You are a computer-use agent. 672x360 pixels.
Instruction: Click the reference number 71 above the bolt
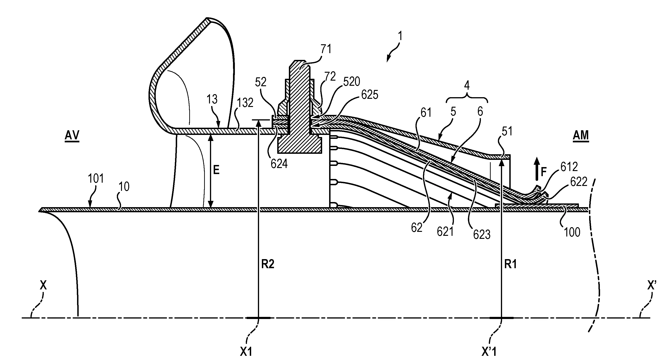[326, 49]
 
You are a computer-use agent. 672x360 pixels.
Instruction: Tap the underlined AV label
[72, 136]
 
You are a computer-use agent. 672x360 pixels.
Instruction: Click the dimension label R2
[268, 265]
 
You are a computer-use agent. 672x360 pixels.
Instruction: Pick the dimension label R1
[510, 265]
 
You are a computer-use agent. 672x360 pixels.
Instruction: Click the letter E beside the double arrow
[216, 170]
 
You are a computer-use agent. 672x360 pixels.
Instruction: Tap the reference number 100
[572, 232]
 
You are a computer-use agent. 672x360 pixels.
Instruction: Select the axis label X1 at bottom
[246, 352]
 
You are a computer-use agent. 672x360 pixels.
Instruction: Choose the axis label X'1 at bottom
[489, 352]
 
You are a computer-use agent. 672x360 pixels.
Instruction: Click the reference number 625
[370, 95]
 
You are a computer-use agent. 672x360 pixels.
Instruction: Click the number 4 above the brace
[467, 85]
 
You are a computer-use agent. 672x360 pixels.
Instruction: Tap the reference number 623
[482, 234]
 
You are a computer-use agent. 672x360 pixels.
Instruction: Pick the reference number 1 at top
[400, 36]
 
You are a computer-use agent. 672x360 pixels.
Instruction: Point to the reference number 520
[351, 82]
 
